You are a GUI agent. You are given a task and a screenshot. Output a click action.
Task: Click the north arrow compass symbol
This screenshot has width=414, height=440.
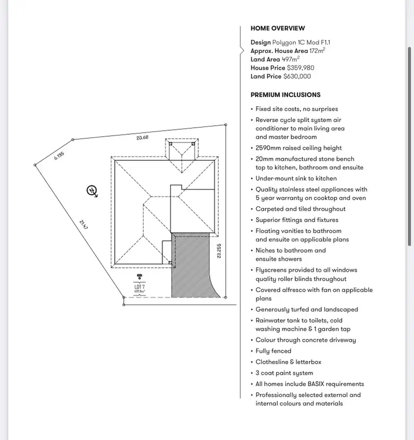tap(92, 191)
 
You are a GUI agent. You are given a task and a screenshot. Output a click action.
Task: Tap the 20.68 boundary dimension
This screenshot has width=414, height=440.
tap(142, 137)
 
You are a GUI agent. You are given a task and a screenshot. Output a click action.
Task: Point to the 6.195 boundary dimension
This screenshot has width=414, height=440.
tap(59, 156)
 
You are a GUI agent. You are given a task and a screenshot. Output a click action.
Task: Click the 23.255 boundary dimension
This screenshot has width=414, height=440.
tap(219, 251)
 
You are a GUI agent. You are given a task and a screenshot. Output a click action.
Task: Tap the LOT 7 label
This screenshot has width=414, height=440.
tap(139, 287)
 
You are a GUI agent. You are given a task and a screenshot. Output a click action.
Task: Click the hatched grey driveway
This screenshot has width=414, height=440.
tap(190, 265)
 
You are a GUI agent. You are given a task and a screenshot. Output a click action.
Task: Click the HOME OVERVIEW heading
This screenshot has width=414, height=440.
tap(278, 28)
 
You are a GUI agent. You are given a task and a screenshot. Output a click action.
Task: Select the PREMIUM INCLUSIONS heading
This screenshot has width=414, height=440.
tap(285, 95)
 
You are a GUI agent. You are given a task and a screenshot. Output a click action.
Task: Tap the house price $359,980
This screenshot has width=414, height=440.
tap(300, 68)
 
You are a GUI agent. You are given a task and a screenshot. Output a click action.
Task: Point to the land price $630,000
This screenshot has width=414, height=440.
tap(297, 77)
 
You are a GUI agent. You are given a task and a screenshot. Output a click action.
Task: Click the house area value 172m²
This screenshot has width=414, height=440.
tap(317, 50)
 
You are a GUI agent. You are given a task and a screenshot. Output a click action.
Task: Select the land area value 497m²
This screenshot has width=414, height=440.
tap(290, 59)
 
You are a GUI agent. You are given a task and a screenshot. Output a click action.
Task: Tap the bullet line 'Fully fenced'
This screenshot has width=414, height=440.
tap(273, 351)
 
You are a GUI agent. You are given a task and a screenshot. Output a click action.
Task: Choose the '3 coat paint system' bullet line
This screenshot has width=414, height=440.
tap(284, 373)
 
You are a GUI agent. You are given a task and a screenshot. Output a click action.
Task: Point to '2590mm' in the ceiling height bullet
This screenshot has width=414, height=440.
tap(267, 148)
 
